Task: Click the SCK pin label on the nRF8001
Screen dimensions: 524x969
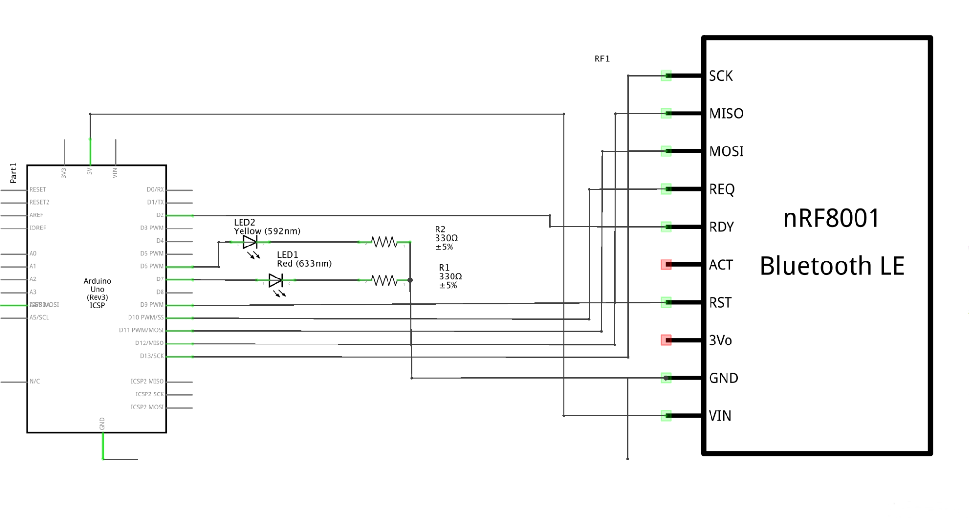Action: tap(721, 76)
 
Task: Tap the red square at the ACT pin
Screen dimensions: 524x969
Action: tap(666, 264)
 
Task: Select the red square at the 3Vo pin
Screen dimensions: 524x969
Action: tap(666, 340)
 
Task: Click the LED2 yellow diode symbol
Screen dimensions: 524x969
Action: tap(250, 242)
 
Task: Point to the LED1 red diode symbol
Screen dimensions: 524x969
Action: tap(275, 280)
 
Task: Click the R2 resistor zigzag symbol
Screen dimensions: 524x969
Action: tap(384, 242)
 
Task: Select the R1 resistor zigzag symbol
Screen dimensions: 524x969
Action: tap(384, 280)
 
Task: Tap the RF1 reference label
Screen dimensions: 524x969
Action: tap(602, 59)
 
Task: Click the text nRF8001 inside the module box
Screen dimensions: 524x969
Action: tap(831, 218)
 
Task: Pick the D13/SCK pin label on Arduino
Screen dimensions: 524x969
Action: tap(152, 356)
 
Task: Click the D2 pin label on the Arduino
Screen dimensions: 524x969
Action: tap(160, 215)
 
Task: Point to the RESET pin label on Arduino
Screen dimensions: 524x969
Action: tap(38, 190)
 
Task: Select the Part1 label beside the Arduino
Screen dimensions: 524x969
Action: tap(13, 173)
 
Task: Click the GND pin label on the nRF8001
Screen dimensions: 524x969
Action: tap(723, 378)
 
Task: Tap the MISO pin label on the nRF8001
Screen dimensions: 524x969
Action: tap(726, 114)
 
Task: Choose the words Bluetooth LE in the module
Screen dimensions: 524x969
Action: tap(832, 266)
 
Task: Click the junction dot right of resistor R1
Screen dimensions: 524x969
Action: tap(410, 280)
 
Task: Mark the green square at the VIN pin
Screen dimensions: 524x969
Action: tap(666, 416)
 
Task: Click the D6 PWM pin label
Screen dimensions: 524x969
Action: tap(152, 266)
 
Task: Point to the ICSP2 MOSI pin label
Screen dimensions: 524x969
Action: tap(147, 407)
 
